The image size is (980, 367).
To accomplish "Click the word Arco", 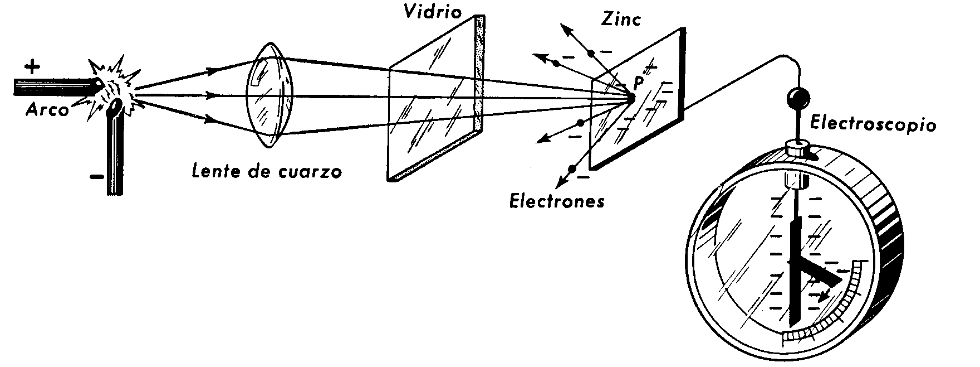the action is pyautogui.click(x=47, y=110).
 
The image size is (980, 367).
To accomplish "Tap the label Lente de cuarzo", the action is pyautogui.click(x=266, y=171).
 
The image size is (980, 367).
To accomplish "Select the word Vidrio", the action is pyautogui.click(x=433, y=12).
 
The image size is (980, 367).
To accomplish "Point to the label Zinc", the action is pyautogui.click(x=621, y=20).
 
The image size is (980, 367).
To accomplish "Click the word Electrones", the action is pyautogui.click(x=557, y=200).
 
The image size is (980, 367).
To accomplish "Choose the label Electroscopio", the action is pyautogui.click(x=873, y=124).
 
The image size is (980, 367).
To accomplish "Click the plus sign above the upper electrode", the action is pyautogui.click(x=33, y=67).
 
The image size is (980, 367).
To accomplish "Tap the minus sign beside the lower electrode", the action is pyautogui.click(x=96, y=177).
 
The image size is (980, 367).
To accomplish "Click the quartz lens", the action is pyautogui.click(x=269, y=96).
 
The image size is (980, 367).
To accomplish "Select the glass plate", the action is pyautogui.click(x=436, y=99).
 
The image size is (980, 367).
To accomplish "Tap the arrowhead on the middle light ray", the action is pyautogui.click(x=210, y=95).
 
